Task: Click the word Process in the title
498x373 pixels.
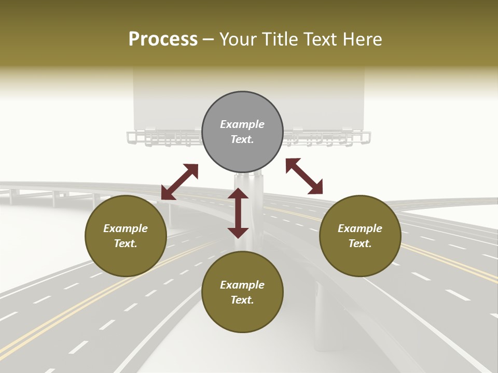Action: click(163, 39)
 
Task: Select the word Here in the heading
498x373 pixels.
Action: click(362, 39)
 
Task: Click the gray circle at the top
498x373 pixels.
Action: click(242, 132)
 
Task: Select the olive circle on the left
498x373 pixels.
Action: click(126, 236)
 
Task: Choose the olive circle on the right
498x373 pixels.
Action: click(360, 236)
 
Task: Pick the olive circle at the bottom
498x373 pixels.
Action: click(242, 292)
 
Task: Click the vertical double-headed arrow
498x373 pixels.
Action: click(238, 213)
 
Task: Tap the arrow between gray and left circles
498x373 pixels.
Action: click(179, 182)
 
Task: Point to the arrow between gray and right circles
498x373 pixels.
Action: click(304, 176)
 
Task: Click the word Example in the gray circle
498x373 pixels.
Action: click(242, 124)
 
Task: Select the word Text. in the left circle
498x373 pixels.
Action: click(126, 243)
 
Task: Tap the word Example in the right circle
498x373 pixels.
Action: click(360, 228)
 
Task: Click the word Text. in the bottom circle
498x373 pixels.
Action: click(242, 300)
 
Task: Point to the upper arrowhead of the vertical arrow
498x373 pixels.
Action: click(238, 194)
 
